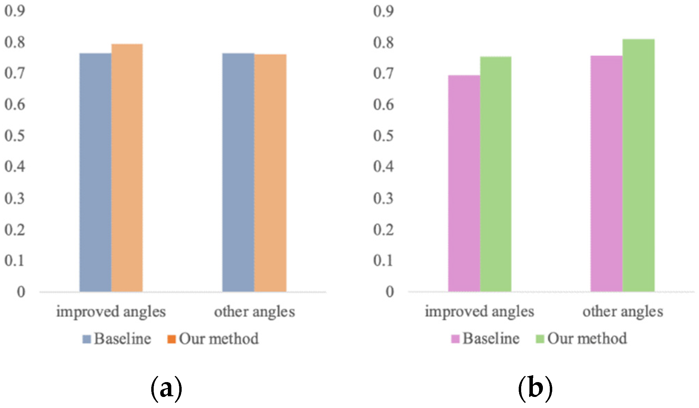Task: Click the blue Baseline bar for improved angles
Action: coord(95,173)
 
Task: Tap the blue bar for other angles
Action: coord(238,173)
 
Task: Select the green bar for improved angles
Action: coord(496,174)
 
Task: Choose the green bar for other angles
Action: coord(638,166)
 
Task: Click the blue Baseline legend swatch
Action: coord(86,339)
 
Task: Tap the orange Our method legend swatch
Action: coord(171,339)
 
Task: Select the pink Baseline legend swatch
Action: coord(455,339)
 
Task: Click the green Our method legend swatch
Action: coord(540,339)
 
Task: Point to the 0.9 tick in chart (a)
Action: coord(15,11)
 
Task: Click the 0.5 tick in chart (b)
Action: coord(383,136)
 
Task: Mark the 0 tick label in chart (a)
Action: coord(21,292)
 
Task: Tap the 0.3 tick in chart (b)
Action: coord(383,198)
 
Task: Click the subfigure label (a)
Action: coord(166,388)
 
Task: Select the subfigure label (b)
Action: coord(535,388)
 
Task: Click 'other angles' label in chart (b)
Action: coord(623,312)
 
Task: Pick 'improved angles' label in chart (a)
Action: coord(111,312)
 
